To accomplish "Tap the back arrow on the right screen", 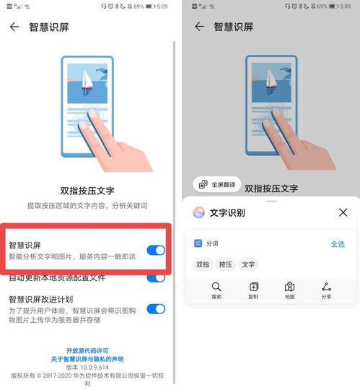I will (200, 27).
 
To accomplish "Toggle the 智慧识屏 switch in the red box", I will (155, 250).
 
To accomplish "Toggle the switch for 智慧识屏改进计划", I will (155, 308).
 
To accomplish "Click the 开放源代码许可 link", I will (87, 350).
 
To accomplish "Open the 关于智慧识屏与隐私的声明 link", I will (87, 358).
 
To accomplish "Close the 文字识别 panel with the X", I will (343, 212).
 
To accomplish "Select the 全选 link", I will (337, 244).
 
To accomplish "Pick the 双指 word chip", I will (203, 264).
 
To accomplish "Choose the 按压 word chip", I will (226, 264).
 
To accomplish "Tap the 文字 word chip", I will (249, 264).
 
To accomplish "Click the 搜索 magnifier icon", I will (216, 287).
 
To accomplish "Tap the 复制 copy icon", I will (253, 287).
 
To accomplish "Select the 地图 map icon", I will (289, 287).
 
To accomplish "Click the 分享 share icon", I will (326, 287).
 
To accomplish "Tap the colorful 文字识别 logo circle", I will (199, 212).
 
